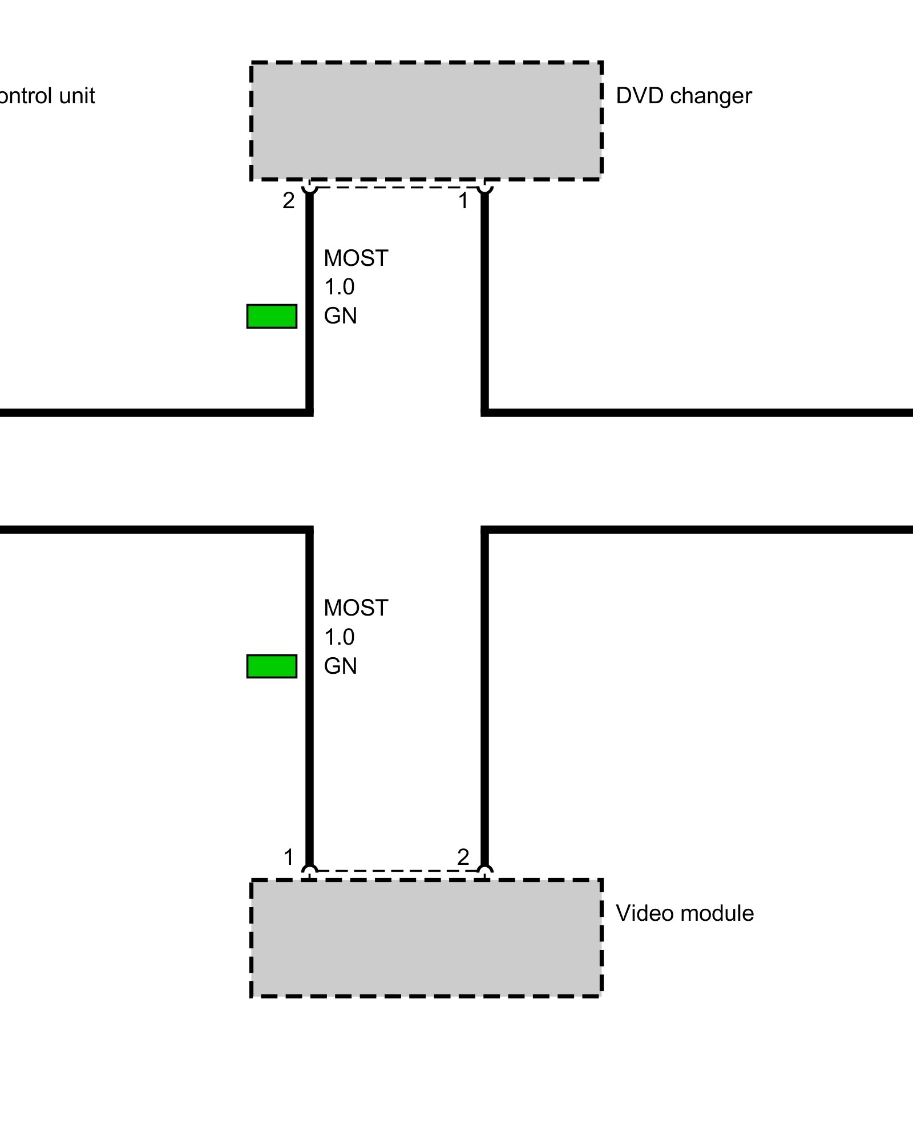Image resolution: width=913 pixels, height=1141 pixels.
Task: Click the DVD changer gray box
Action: coord(426,121)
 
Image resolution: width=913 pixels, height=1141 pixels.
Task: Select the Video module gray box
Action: coord(426,938)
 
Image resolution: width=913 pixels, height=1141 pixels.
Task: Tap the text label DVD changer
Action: coord(683,96)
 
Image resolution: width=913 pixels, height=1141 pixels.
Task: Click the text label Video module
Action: coord(684,913)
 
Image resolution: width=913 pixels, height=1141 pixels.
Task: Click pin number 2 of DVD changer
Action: coord(289,201)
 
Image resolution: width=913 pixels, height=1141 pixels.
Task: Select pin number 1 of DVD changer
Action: coord(463,201)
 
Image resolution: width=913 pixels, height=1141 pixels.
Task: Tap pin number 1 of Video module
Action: coord(289,857)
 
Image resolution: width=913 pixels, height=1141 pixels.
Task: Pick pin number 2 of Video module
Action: coord(463,857)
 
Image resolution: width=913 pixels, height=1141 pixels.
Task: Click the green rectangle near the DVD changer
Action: coord(272,316)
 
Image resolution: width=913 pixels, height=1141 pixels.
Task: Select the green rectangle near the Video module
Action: coord(272,666)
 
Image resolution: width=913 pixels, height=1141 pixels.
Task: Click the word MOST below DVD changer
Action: coord(355,258)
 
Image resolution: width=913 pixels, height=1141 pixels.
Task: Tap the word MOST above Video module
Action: coord(355,608)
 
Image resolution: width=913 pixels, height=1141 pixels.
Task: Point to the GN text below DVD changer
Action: coord(340,316)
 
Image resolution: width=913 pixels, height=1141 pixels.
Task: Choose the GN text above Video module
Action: coord(340,666)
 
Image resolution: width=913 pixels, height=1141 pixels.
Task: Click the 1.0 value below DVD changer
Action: coord(340,287)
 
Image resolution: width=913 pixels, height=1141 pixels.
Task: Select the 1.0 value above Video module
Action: coord(340,637)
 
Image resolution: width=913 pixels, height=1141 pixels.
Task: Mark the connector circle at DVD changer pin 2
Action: coord(309,186)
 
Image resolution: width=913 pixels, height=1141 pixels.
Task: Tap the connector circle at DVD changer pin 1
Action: coord(484,186)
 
